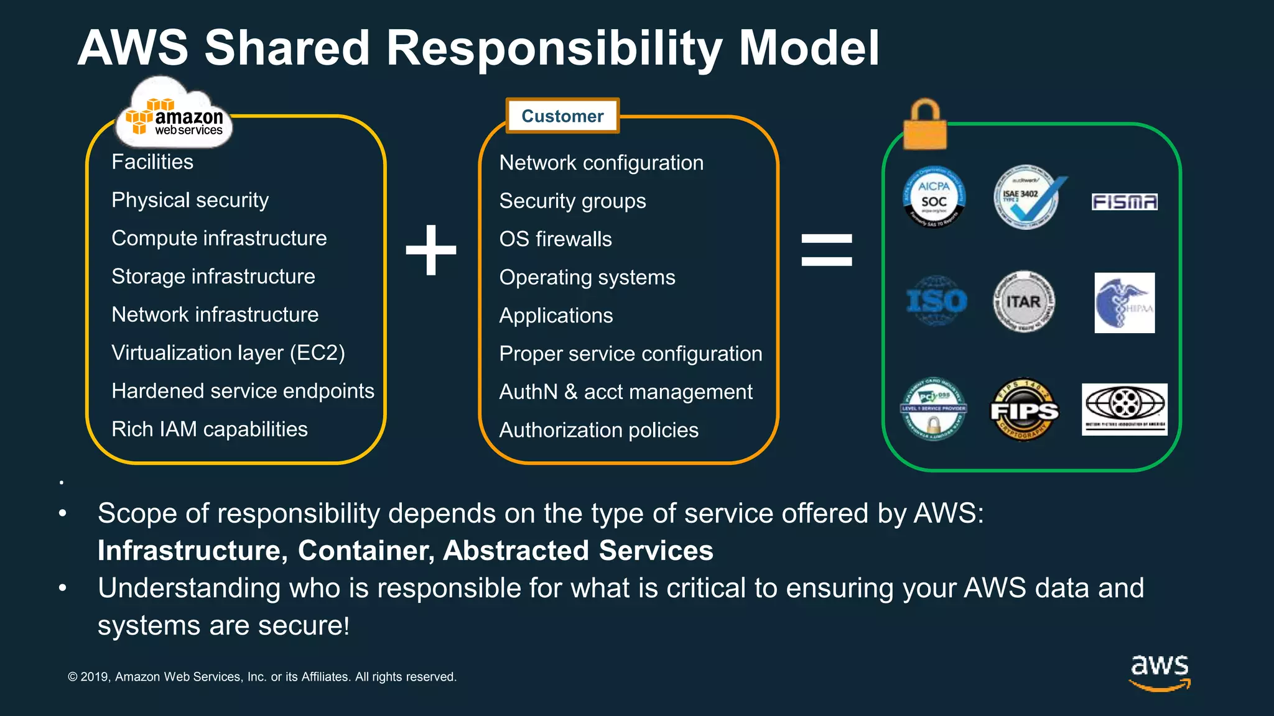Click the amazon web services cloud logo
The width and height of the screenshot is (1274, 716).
pos(174,115)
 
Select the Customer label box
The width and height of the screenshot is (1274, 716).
pos(562,116)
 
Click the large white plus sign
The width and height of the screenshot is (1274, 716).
pos(431,250)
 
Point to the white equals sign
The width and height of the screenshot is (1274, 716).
pos(827,250)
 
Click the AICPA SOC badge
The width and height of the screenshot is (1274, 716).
pos(934,197)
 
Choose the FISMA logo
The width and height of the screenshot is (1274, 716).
pos(1124,202)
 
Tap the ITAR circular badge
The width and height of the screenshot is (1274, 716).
pos(1023,301)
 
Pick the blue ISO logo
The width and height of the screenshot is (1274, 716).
pos(936,301)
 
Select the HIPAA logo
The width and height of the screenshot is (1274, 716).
pos(1124,303)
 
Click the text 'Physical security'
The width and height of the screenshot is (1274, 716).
pos(190,200)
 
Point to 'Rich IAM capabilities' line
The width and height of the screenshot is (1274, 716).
pos(210,429)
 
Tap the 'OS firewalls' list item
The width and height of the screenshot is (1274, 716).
pos(556,239)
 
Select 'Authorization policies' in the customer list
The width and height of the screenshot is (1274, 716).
pos(598,430)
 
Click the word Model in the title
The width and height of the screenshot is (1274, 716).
pos(809,48)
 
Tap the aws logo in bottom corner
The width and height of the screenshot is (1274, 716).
pos(1160,671)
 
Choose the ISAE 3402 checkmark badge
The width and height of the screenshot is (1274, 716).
pos(1026,197)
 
